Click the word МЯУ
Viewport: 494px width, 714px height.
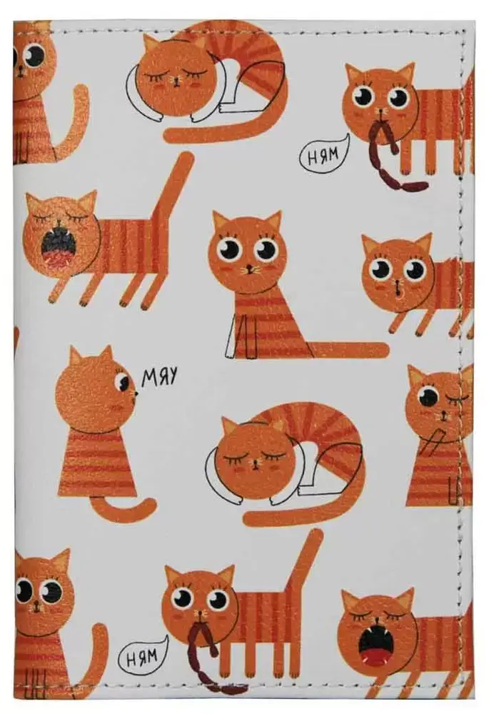159,377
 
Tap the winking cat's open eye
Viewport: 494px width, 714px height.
428,396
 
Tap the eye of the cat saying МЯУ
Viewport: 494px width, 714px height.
123,381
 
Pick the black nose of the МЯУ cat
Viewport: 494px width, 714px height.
136,392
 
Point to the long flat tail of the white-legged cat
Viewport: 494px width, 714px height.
347,350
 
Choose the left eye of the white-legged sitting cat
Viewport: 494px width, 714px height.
230,248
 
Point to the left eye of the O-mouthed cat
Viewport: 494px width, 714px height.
381,268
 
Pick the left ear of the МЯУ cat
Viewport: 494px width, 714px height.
76,356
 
